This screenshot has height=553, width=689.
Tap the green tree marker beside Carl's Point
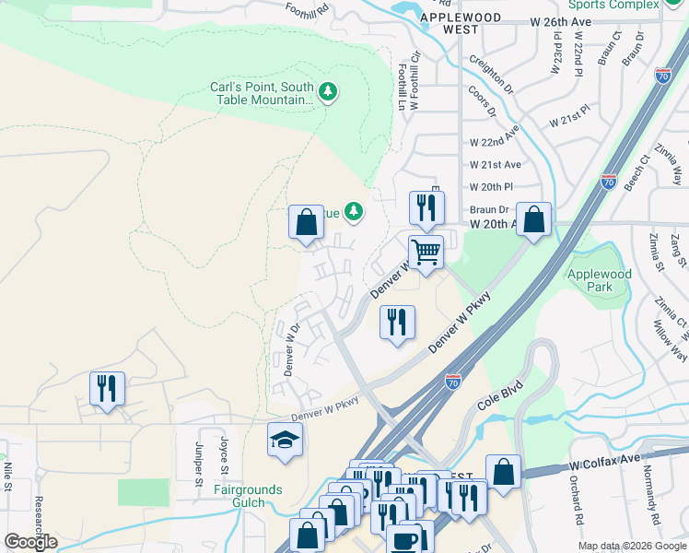(328, 91)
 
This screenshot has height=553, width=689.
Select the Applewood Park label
(599, 280)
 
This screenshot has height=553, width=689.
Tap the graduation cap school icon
(286, 440)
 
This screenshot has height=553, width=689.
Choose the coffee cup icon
(403, 539)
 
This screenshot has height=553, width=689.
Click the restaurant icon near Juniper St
(108, 388)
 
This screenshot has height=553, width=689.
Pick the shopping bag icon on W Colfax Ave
(503, 471)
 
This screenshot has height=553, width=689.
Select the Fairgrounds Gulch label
(249, 496)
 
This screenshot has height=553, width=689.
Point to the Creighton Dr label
(491, 76)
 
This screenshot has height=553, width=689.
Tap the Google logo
(30, 542)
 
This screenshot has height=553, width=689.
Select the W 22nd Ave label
(495, 143)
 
